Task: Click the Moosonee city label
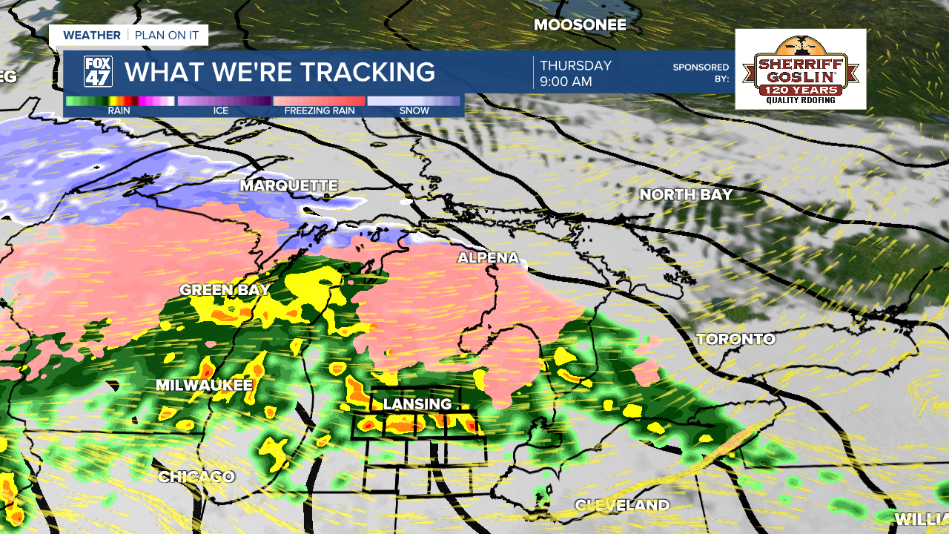point(580,25)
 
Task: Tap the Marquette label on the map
point(288,185)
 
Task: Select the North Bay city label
point(686,195)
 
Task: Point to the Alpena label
point(488,258)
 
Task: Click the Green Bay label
point(225,290)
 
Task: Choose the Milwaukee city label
point(204,386)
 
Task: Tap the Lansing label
point(417,404)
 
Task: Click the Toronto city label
point(735,340)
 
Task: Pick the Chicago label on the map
point(196,477)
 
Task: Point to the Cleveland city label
point(622,506)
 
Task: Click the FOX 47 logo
point(98,72)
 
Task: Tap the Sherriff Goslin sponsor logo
point(800,69)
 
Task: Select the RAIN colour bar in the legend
point(119,101)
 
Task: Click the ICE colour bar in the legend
point(224,101)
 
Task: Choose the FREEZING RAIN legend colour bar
point(319,101)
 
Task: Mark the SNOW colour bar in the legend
point(414,101)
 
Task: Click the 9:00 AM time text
point(566,82)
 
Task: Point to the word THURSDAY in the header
point(575,65)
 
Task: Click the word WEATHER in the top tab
point(92,35)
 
